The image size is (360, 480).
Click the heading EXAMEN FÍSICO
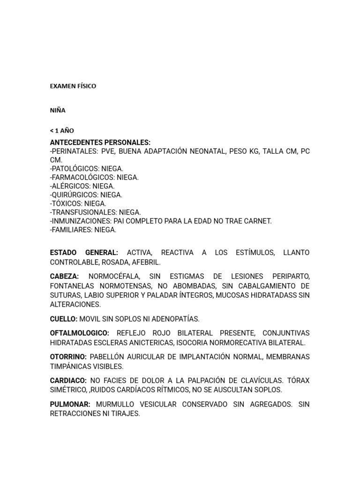[73, 86]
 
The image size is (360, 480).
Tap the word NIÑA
[58, 111]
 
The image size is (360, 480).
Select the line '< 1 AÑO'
[62, 131]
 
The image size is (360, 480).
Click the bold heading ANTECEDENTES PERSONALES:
[100, 142]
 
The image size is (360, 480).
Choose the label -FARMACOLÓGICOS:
[82, 177]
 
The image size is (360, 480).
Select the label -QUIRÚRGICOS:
[74, 195]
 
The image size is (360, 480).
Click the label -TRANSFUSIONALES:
[83, 212]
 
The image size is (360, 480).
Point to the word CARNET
[259, 221]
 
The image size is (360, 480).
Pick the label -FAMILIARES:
[71, 230]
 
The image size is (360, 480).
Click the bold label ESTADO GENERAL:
[84, 253]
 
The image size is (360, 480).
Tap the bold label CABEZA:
[65, 277]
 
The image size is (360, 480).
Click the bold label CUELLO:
[64, 319]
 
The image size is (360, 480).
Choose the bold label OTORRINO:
[68, 357]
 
